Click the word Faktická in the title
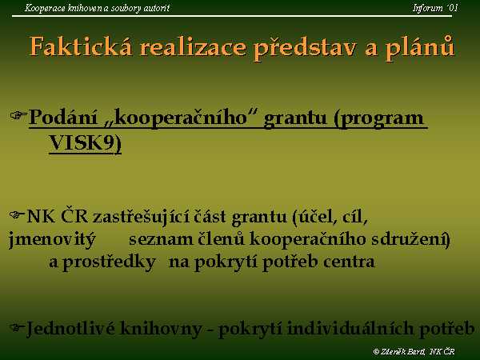81,47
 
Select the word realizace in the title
193,47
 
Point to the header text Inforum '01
435,8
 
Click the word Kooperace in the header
45,8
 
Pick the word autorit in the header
157,8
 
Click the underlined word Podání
62,118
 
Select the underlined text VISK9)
86,143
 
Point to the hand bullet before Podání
18,115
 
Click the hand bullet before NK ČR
17,214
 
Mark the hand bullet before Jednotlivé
17,327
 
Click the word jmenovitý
52,239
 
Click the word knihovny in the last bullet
161,329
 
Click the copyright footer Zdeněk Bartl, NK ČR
414,351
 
